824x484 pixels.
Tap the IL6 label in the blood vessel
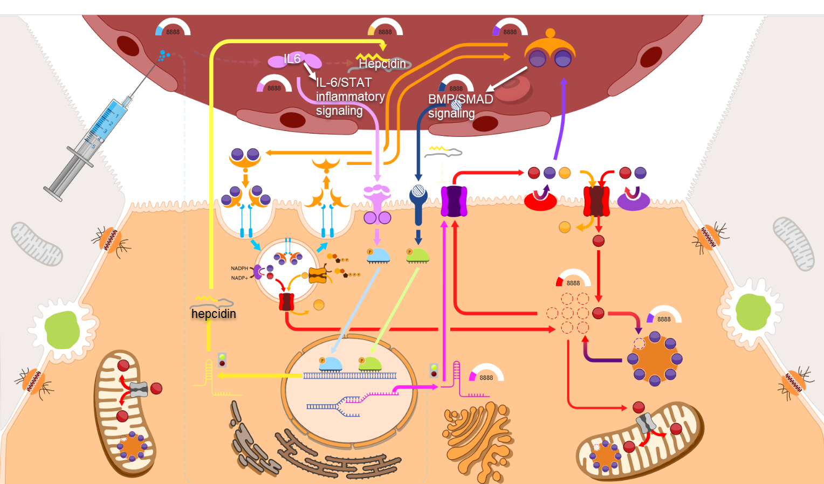[292, 59]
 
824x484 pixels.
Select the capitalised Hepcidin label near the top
[382, 64]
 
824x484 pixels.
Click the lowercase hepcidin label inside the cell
[214, 314]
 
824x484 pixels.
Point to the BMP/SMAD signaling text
[460, 106]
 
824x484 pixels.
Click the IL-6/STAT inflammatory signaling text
[350, 96]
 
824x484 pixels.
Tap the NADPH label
[239, 268]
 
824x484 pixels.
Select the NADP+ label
[239, 278]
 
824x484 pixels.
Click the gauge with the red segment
[573, 279]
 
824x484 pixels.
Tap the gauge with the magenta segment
[486, 374]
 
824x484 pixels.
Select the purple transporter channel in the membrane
[454, 202]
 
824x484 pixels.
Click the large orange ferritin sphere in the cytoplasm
[655, 358]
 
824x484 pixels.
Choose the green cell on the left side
[62, 330]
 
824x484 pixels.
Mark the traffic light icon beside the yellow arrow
[222, 359]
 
